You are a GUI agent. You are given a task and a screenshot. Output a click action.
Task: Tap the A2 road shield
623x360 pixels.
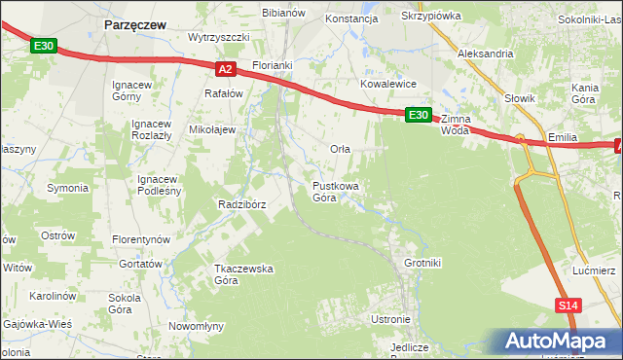[225, 68]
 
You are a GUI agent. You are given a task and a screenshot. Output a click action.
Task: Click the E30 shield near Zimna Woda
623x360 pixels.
[418, 115]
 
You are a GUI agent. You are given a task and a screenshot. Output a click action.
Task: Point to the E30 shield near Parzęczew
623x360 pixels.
[44, 45]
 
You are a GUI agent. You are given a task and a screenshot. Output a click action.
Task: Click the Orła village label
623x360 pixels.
[340, 149]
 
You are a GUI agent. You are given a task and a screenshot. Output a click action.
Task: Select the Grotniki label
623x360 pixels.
[422, 263]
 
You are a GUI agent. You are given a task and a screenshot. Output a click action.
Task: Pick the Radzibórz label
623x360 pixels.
[242, 204]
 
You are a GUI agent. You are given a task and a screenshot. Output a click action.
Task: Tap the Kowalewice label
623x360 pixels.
[388, 85]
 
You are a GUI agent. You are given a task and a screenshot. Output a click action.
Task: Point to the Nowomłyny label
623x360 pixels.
[197, 326]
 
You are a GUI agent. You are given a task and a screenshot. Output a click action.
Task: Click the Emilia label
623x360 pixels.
[565, 138]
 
